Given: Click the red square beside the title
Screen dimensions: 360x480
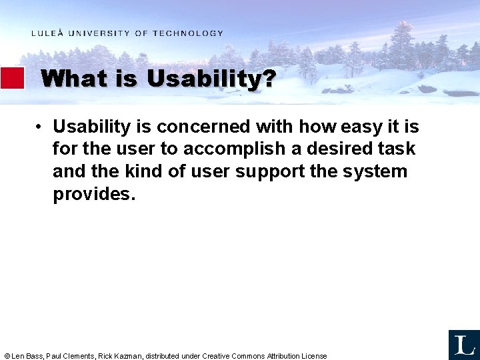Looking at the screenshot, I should (12, 78).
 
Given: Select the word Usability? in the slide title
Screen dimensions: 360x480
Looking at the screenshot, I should (211, 79).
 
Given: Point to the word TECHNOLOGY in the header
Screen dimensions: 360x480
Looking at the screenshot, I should (188, 33).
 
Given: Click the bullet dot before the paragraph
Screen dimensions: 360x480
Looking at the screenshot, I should (41, 127).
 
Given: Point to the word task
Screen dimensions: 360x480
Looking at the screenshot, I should (396, 149).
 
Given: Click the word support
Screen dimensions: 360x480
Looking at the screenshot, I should (269, 171).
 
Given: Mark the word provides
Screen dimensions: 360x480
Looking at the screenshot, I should (93, 194).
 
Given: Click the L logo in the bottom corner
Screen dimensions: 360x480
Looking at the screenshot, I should (463, 345).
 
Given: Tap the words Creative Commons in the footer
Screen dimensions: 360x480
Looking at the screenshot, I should (233, 356).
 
